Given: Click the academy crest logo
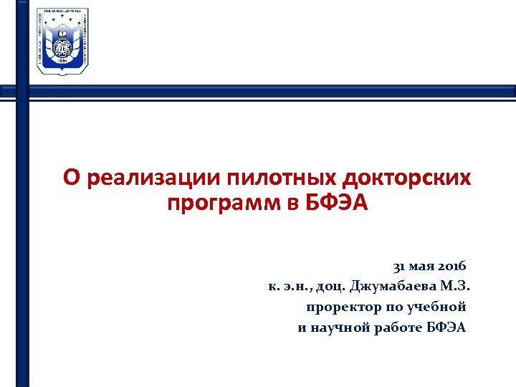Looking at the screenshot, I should pos(62,42).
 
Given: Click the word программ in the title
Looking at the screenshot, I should pos(224,203).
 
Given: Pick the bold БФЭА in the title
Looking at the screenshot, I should pos(335,203).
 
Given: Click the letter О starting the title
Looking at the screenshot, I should pos(70,178).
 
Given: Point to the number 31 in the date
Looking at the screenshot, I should pos(398,267).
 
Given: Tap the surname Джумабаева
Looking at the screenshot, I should pos(393,287).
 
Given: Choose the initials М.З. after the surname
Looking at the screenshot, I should pos(454,287).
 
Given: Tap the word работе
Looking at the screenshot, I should pos(401,328).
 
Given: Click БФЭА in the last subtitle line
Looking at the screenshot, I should pos(446,328).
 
